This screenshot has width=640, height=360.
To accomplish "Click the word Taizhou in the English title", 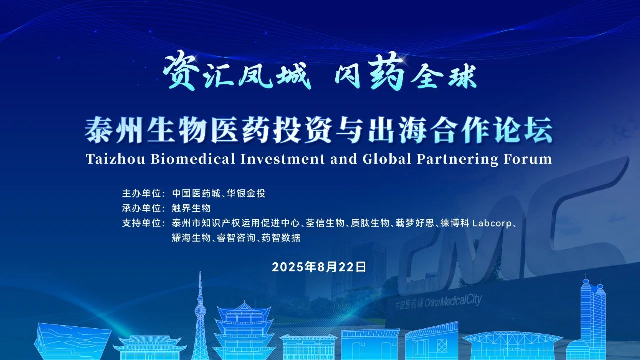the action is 116,159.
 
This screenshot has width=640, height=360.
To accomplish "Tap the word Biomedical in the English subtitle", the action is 193,159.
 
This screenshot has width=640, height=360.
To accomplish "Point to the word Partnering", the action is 457,159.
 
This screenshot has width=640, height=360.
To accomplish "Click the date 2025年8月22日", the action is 319,267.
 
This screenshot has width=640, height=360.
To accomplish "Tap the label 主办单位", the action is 141,193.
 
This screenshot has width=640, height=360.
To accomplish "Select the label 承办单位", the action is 141,208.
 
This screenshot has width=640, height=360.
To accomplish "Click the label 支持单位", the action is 141,223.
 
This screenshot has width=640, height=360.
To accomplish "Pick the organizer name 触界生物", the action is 191,208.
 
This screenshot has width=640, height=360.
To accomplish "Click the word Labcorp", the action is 492,223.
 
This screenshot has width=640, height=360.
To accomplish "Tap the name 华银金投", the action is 246,193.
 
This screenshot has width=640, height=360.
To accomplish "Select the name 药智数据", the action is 281,238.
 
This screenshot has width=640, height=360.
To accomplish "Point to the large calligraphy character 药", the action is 386,71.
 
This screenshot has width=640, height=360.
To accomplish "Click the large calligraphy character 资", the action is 181,70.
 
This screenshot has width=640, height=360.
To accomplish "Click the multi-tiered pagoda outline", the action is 243,331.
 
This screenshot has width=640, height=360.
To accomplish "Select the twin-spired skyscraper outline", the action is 593,317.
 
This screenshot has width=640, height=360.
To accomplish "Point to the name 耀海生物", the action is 191,238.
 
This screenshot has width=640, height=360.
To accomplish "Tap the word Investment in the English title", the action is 282,159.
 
